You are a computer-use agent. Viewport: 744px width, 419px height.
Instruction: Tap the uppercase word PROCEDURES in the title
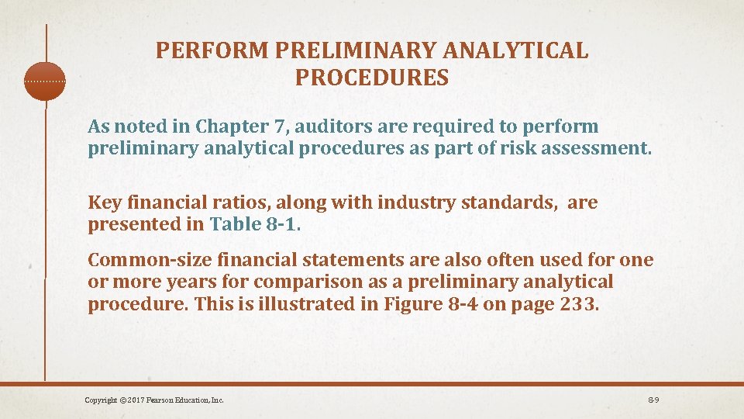point(372,78)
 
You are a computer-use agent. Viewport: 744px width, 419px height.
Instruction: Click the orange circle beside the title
point(45,81)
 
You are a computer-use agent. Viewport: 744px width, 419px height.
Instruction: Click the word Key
point(104,203)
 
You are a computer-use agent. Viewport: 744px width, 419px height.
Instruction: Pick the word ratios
point(223,203)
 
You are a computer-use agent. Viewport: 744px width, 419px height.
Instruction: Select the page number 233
point(577,303)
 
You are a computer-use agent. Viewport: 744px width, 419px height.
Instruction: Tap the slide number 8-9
point(653,400)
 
